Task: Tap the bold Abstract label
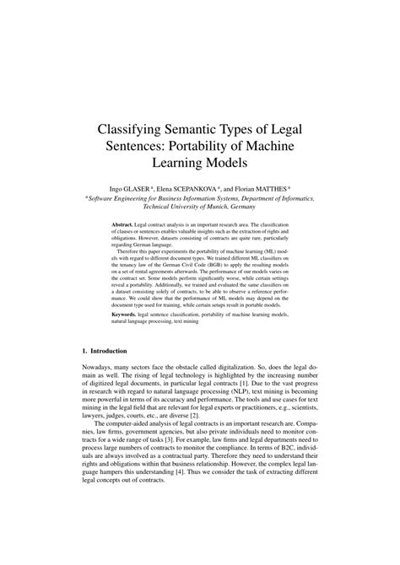(x=126, y=227)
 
